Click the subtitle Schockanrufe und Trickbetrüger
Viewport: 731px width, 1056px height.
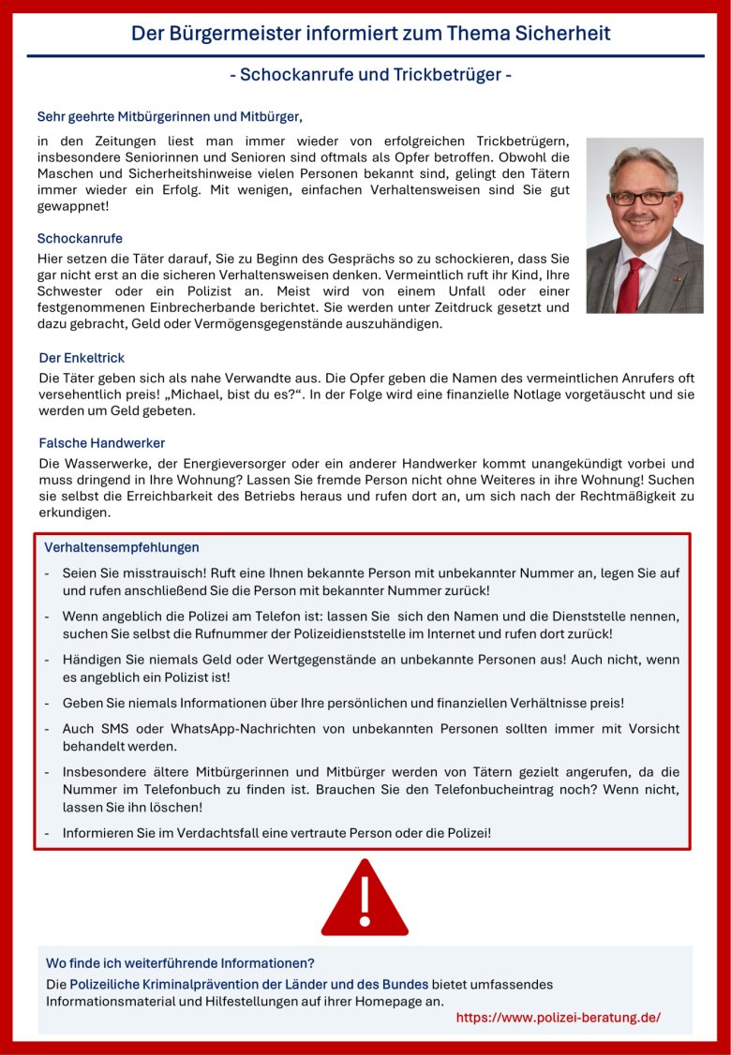(370, 75)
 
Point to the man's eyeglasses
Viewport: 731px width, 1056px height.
(642, 199)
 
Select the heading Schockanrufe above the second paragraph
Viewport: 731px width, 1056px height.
(80, 239)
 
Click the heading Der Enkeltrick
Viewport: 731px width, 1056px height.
(82, 358)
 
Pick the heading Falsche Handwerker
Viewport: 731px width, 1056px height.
(102, 442)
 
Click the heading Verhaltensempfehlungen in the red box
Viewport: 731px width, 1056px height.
(122, 547)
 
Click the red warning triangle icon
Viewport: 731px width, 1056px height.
(365, 900)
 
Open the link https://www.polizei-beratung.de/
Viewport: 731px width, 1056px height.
(559, 1018)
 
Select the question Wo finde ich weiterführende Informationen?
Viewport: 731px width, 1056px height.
(180, 963)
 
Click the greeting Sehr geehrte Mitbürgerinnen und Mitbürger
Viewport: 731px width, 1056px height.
(170, 117)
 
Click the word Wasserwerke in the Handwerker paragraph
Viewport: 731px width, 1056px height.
(101, 463)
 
